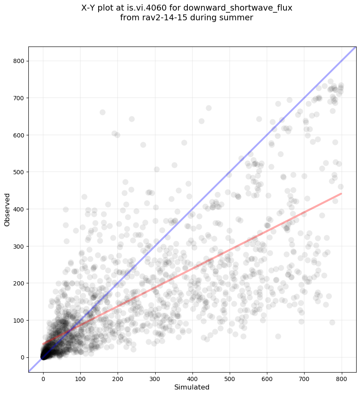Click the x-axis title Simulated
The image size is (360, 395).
coord(192,387)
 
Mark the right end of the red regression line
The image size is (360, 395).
coord(341,193)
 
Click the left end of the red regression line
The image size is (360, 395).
coord(43,343)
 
